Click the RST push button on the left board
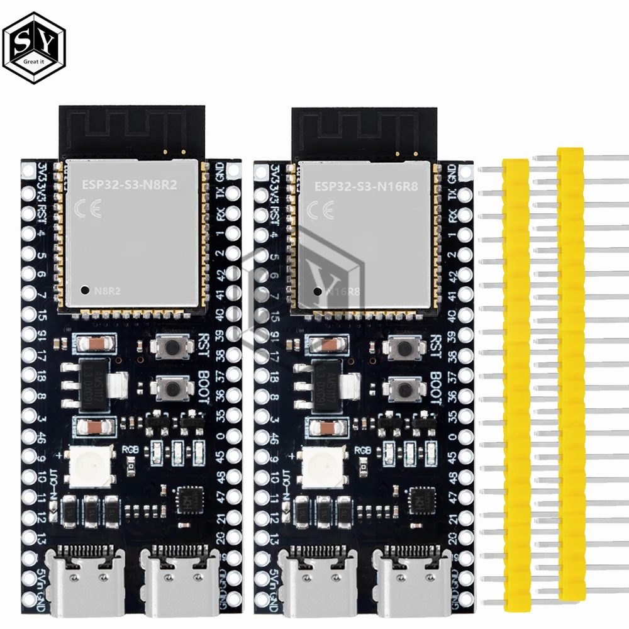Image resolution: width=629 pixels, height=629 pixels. [169, 345]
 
